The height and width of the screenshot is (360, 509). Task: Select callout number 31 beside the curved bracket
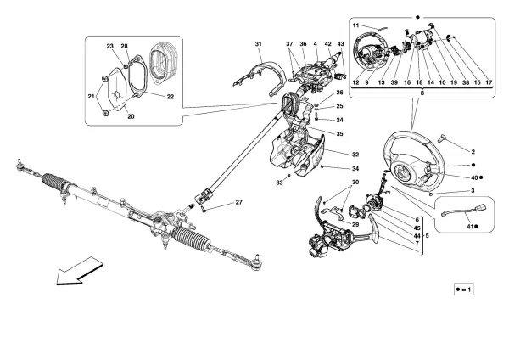(259, 44)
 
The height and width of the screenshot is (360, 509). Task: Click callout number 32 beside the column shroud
(333, 154)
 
